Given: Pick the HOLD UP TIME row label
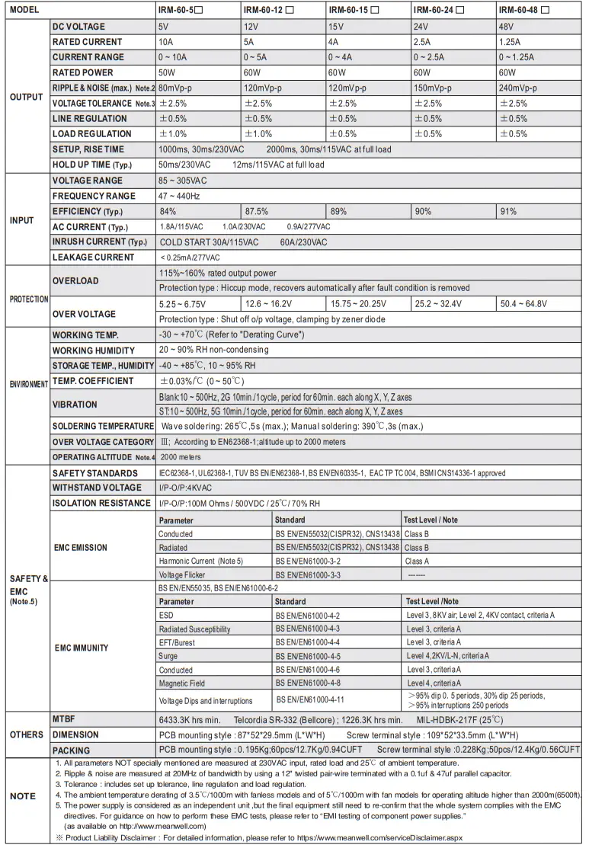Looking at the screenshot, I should coord(92,165).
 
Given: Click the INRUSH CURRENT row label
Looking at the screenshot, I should coord(99,242).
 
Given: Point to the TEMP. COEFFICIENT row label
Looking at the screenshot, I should coord(92,381).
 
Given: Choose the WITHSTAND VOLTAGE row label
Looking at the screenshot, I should coord(97,488).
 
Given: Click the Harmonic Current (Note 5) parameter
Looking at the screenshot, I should coord(200,561).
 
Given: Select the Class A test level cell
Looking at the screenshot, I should coord(417,561).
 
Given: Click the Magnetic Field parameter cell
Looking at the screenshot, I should coord(182,683).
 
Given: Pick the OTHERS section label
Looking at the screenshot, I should coord(26,734).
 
